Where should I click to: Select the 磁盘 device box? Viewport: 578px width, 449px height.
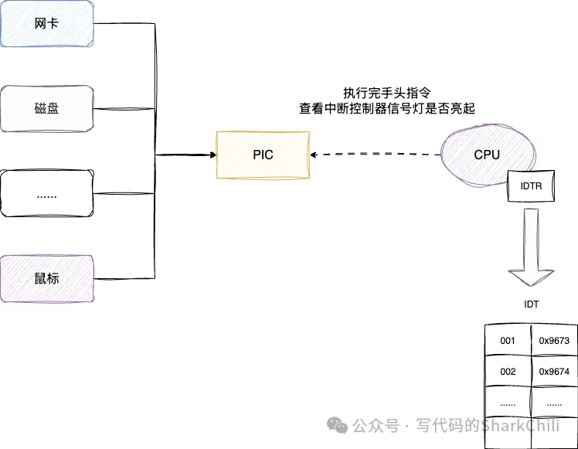(47, 108)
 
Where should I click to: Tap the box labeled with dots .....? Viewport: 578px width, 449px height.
(47, 193)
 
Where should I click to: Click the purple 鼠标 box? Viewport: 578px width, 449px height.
(47, 277)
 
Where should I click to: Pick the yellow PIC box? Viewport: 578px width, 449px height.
(263, 155)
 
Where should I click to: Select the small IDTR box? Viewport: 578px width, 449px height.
(529, 187)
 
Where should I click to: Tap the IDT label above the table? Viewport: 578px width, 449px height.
(531, 304)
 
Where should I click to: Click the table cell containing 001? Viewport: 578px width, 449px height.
(508, 340)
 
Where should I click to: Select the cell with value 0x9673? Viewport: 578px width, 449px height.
(554, 340)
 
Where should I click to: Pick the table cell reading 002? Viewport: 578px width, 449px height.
(508, 372)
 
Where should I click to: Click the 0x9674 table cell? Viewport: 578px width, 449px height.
(554, 372)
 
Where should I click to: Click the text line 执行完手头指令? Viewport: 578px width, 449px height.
(386, 92)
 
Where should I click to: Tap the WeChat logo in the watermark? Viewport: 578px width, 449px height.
(338, 425)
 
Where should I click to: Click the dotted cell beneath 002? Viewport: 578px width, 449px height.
(508, 403)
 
